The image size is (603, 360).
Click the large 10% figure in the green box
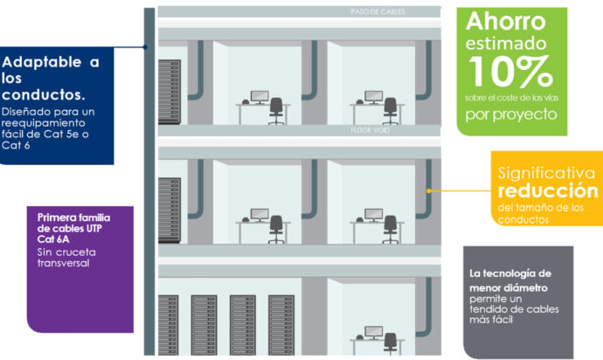(x=510, y=71)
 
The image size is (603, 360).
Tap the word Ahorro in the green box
(x=506, y=21)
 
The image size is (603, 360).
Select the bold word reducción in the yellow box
(x=548, y=190)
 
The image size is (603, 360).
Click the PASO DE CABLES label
(x=378, y=11)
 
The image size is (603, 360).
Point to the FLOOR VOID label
(x=370, y=130)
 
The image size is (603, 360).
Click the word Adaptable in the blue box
(x=42, y=62)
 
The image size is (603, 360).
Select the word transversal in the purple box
(x=64, y=263)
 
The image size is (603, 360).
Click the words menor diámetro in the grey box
(x=509, y=288)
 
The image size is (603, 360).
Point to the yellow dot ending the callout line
(x=429, y=190)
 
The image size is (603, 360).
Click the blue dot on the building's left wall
(x=145, y=47)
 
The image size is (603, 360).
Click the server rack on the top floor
(x=170, y=92)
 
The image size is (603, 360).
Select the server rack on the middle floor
(x=170, y=211)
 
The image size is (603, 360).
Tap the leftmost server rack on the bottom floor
(x=169, y=325)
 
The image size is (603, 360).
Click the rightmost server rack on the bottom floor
(x=281, y=325)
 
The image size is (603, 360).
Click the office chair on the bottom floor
(x=391, y=343)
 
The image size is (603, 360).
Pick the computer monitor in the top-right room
(x=373, y=96)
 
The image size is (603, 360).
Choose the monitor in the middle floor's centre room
(x=260, y=215)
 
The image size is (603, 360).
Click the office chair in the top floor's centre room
(x=276, y=111)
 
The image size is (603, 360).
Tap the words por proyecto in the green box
(x=511, y=114)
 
